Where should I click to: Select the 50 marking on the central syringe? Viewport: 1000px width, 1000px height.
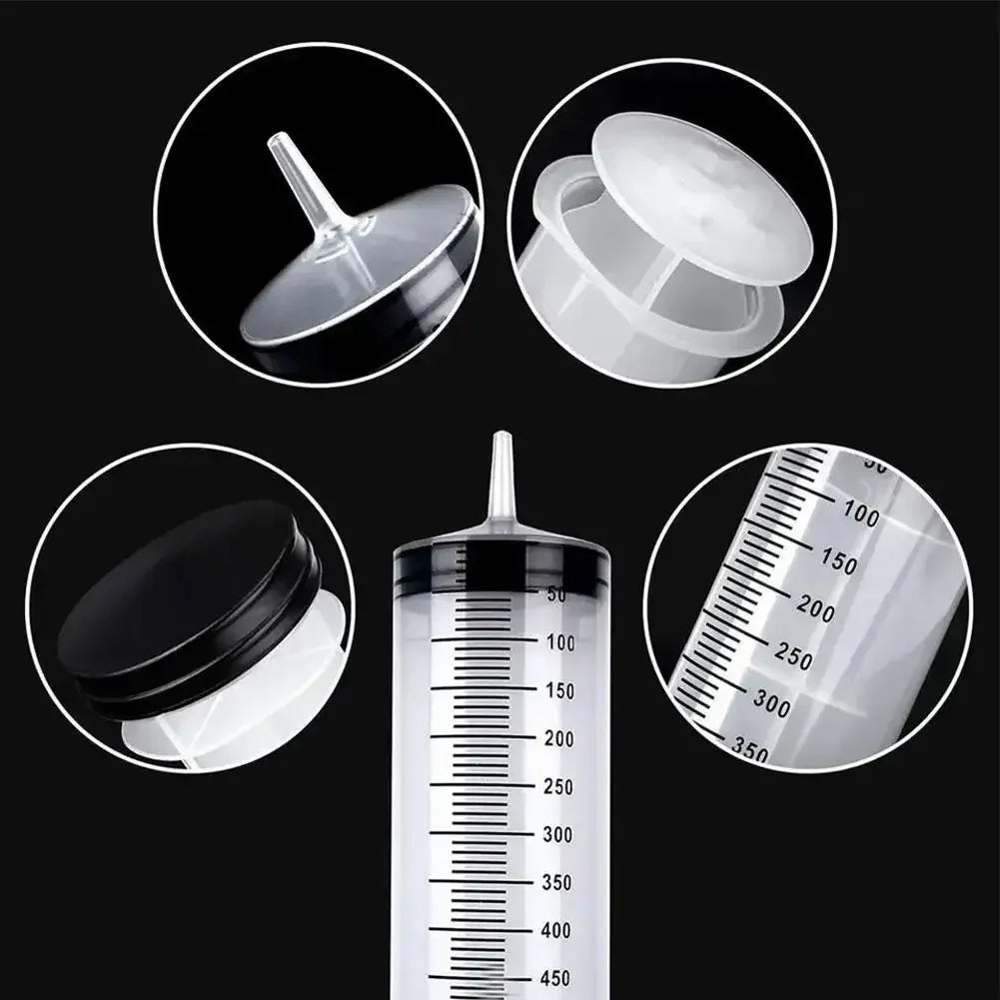click(556, 595)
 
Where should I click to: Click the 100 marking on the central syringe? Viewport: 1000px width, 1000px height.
click(560, 643)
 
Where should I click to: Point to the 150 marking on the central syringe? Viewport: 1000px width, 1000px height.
click(560, 691)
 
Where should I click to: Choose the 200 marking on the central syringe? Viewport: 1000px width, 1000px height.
click(560, 739)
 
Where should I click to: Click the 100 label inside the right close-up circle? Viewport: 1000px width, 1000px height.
click(860, 515)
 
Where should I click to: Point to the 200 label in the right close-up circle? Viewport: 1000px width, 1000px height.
click(815, 608)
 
